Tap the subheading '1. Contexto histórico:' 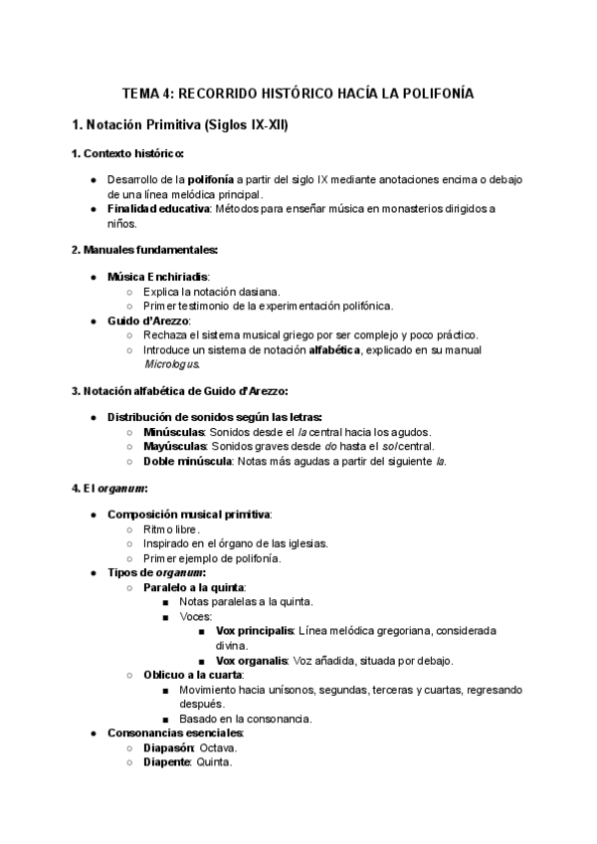click(126, 153)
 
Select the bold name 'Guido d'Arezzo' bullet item click(148, 320)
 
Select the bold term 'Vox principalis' click(255, 631)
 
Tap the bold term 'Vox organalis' click(252, 660)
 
